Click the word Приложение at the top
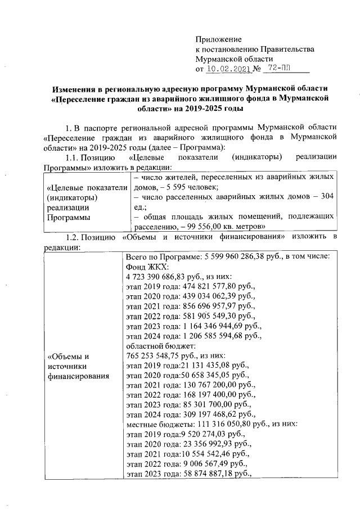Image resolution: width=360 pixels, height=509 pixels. [x=218, y=39]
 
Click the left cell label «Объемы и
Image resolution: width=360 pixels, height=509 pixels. [x=69, y=356]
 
